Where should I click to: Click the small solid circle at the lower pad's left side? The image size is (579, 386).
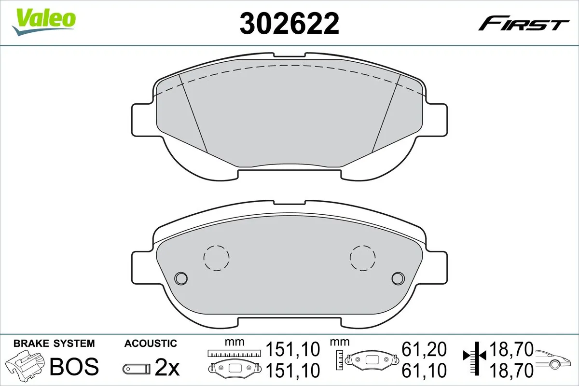point(181,278)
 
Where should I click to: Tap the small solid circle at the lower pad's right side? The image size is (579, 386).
point(398,278)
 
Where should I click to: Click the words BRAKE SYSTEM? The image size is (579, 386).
point(54,344)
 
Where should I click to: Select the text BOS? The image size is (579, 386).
point(74,366)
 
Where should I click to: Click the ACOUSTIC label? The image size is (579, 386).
point(151,344)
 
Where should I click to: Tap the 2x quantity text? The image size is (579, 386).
point(167,369)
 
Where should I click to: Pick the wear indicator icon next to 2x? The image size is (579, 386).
point(136,369)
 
